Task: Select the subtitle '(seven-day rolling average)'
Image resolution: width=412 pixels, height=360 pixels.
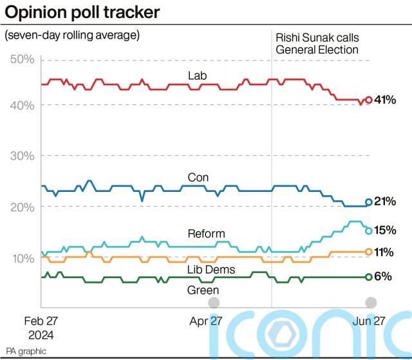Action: tap(72, 35)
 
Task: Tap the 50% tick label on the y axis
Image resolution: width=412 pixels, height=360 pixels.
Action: tap(23, 60)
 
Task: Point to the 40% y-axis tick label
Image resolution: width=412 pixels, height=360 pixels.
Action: tap(23, 105)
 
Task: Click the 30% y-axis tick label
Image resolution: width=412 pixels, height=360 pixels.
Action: tap(23, 156)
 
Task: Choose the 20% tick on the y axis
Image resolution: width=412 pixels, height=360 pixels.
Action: tap(23, 207)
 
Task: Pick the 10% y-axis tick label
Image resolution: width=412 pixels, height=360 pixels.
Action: tap(23, 258)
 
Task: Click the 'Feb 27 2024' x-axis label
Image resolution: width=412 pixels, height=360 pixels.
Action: tap(40, 328)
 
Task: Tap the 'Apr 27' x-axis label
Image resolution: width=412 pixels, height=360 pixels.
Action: tap(207, 321)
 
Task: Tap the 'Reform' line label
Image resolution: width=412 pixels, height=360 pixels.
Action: tap(206, 234)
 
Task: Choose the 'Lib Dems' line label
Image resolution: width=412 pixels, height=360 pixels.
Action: tap(211, 270)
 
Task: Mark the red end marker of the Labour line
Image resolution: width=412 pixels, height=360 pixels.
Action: tap(368, 100)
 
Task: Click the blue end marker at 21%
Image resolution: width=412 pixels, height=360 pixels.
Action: tap(369, 202)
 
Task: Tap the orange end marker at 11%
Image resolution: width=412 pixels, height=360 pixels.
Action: tap(369, 252)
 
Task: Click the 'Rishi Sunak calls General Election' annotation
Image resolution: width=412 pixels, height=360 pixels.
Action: tap(317, 43)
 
